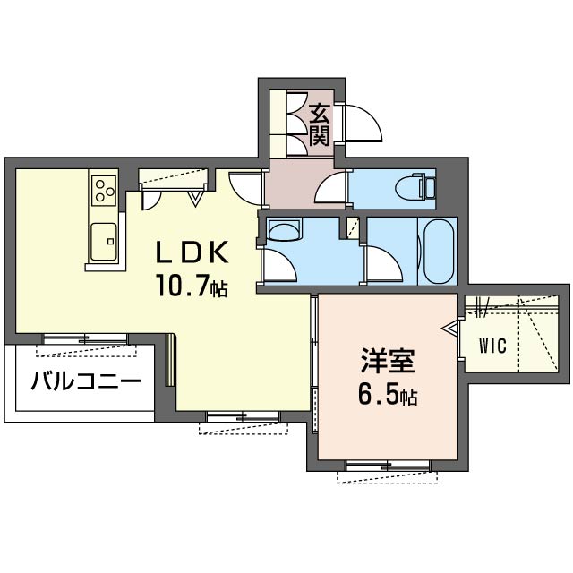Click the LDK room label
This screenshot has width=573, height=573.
tap(192, 252)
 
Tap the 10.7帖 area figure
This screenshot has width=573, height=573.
tap(192, 286)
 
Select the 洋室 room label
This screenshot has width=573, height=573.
tap(388, 360)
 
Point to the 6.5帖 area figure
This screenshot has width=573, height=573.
tap(388, 394)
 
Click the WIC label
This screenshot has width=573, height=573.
tap(492, 346)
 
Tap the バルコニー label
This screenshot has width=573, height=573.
tap(86, 381)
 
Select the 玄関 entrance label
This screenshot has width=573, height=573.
tap(320, 124)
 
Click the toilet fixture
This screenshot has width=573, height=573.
tap(415, 189)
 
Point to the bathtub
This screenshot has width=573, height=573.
tap(438, 252)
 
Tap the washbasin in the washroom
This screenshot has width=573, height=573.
tap(284, 229)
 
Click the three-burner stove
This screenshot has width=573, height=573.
tap(104, 191)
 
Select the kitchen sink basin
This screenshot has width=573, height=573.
tap(104, 241)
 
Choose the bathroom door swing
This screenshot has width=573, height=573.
tap(384, 265)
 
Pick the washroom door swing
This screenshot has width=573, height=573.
tap(279, 266)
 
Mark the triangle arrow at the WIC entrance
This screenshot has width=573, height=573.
tap(449, 328)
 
